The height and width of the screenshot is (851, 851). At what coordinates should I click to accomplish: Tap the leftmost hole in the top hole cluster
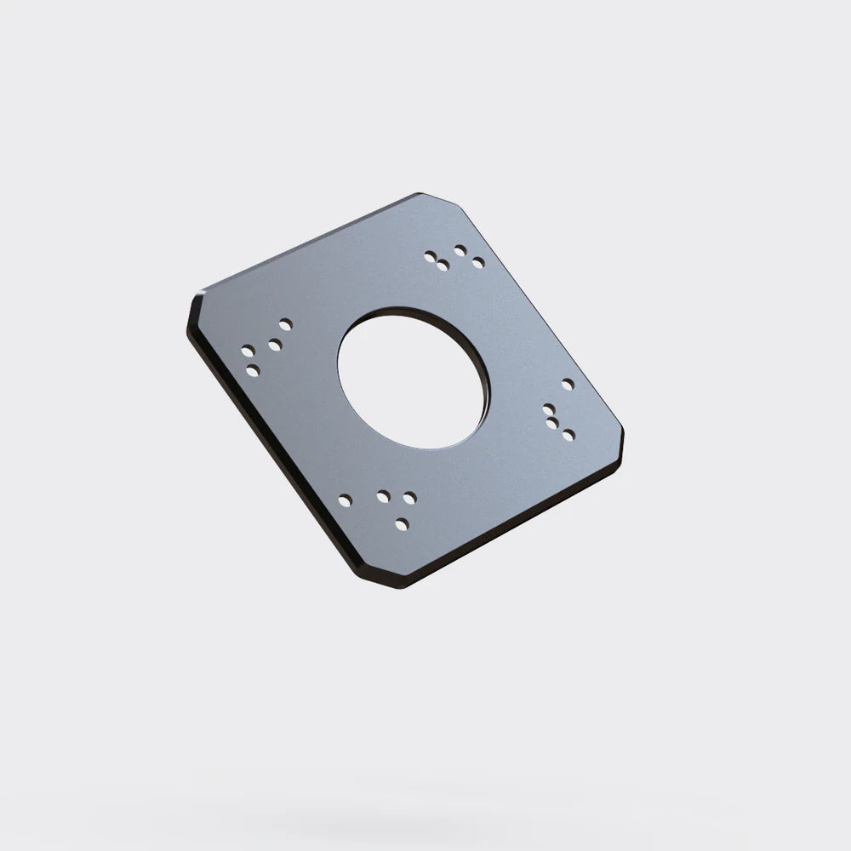[x=431, y=256]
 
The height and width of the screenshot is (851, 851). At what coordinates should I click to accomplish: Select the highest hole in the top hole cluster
[x=460, y=250]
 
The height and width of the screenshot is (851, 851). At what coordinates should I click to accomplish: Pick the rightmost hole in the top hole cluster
[x=478, y=262]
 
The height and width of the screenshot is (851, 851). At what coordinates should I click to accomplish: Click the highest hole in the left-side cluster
[x=285, y=324]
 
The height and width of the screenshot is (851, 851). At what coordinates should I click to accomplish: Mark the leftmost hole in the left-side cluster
[x=248, y=350]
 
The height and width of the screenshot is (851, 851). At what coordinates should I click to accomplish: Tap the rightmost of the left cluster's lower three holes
[x=275, y=345]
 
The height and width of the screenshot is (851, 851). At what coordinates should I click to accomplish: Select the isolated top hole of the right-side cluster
[x=568, y=385]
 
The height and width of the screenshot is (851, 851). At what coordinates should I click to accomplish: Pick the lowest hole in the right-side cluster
[x=568, y=435]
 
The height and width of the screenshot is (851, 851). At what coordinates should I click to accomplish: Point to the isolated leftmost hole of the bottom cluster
[x=345, y=500]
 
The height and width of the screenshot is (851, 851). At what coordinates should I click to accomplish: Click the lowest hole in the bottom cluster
[x=402, y=523]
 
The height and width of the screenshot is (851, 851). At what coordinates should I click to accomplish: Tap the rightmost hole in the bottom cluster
[x=410, y=496]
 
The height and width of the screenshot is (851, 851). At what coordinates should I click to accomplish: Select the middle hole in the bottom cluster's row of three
[x=383, y=495]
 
